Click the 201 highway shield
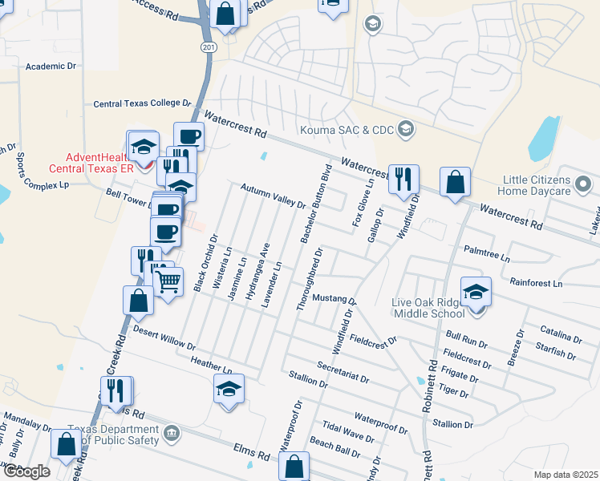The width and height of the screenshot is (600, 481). click(209, 48)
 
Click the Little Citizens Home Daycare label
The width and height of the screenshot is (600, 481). click(548, 185)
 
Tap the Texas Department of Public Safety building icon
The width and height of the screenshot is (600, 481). click(172, 434)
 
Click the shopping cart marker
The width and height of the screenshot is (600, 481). click(168, 281)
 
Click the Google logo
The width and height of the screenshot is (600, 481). click(26, 471)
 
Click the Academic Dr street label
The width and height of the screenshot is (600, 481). click(51, 67)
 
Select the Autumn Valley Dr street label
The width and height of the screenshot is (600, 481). click(274, 196)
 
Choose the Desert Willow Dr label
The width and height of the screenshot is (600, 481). click(164, 338)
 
